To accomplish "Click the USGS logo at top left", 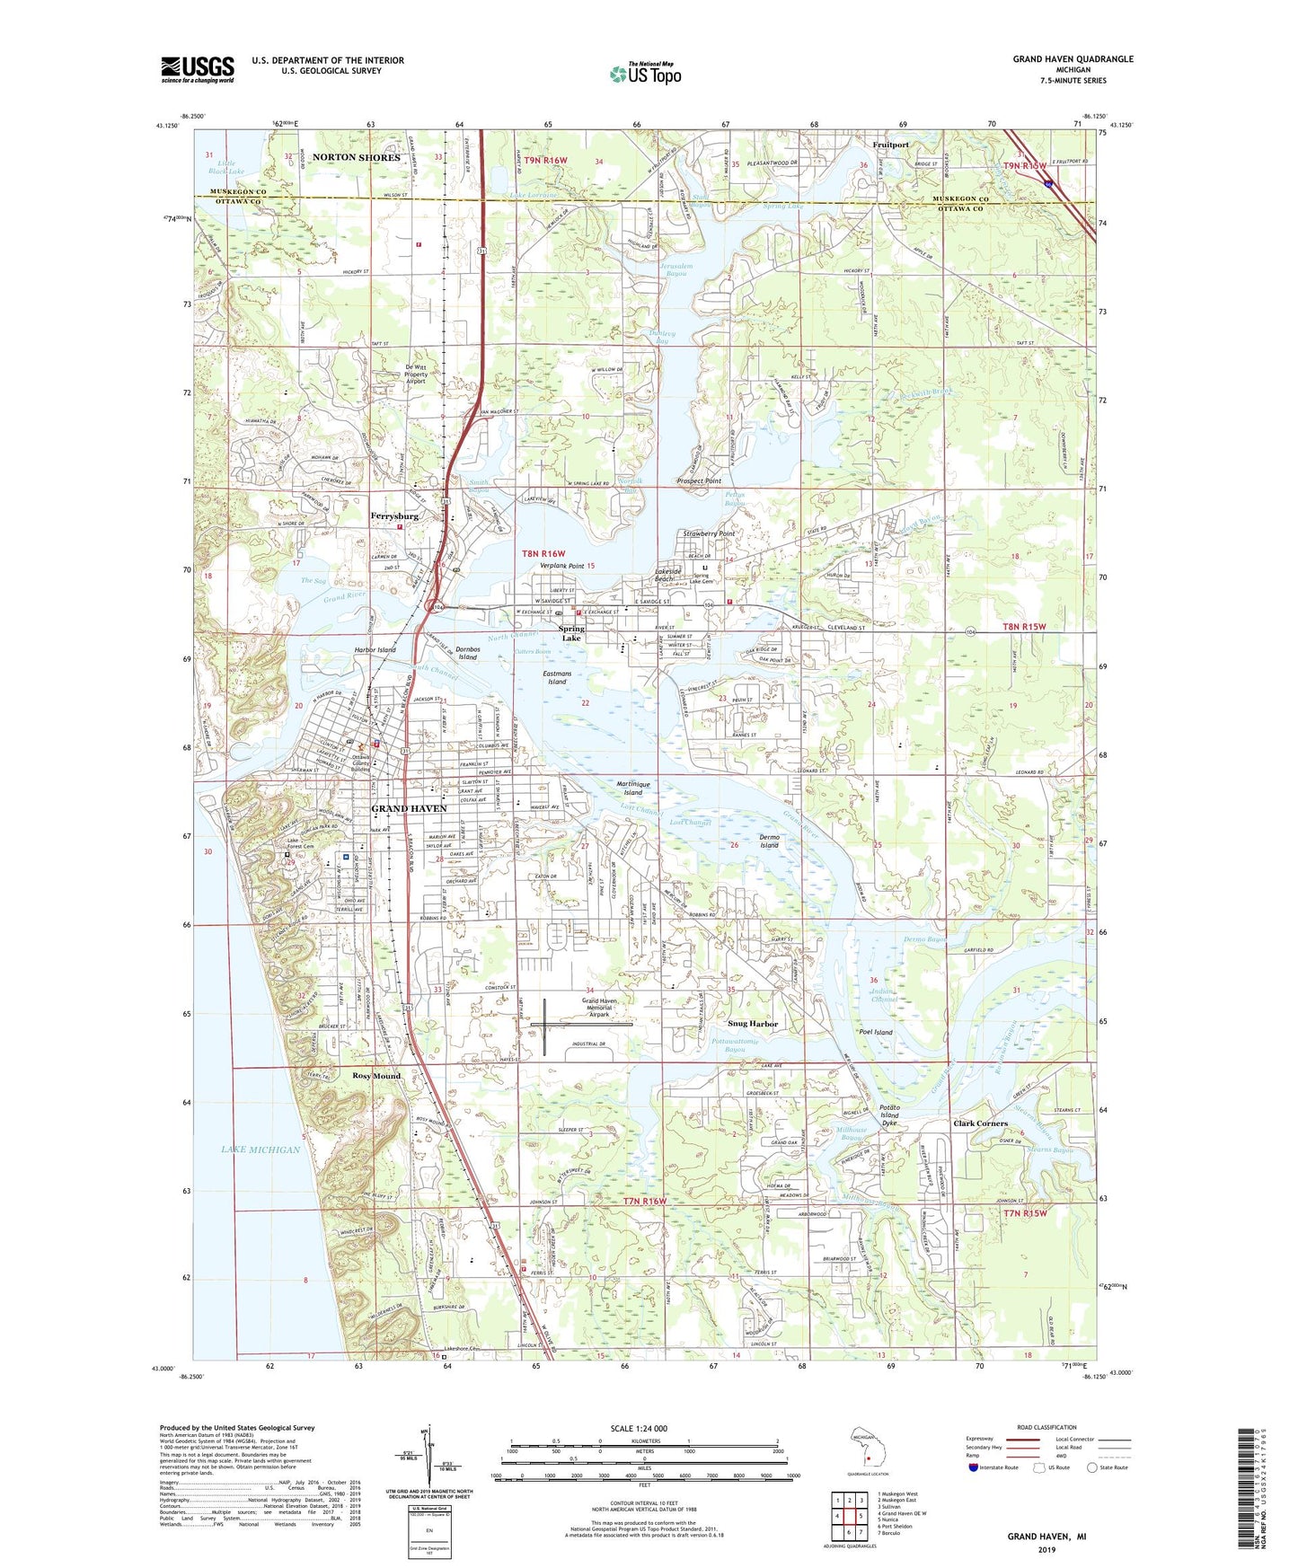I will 198,69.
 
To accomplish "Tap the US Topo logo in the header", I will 644,74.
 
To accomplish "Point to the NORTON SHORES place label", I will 357,157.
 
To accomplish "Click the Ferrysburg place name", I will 394,516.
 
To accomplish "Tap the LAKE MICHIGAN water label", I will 260,1150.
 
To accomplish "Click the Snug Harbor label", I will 752,1024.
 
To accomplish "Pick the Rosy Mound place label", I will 376,1075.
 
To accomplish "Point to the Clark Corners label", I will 980,1123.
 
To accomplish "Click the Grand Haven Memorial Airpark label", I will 596,1008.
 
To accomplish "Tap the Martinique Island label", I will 632,788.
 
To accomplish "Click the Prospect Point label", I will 699,481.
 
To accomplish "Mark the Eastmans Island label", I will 557,677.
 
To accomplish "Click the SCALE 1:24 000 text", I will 638,1429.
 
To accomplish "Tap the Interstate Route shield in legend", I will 974,1467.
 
